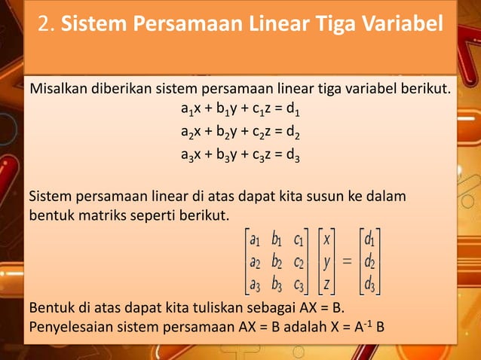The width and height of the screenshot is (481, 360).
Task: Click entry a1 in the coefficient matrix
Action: click(x=256, y=242)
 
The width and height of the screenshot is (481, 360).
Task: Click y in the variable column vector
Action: click(x=327, y=264)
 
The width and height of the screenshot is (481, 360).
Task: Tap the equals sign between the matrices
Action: click(x=348, y=264)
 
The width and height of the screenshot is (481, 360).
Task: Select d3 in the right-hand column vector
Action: click(x=369, y=285)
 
